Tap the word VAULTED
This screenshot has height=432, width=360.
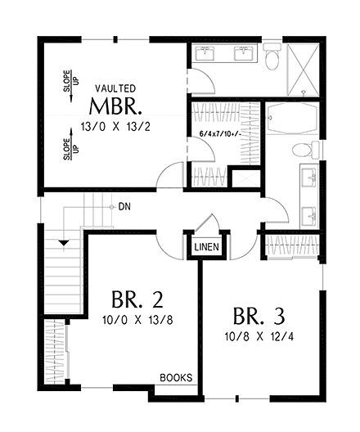pos(115,88)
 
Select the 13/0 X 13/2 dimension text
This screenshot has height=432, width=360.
pos(119,128)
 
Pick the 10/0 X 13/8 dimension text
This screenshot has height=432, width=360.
pos(133,317)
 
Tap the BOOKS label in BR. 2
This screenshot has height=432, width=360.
pos(176,378)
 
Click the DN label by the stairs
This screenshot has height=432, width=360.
pos(124,207)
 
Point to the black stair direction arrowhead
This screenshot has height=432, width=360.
pos(63,241)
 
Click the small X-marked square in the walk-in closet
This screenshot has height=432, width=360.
pos(243,179)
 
